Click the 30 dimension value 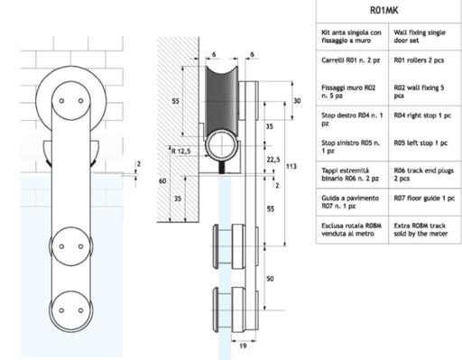point(297,102)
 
